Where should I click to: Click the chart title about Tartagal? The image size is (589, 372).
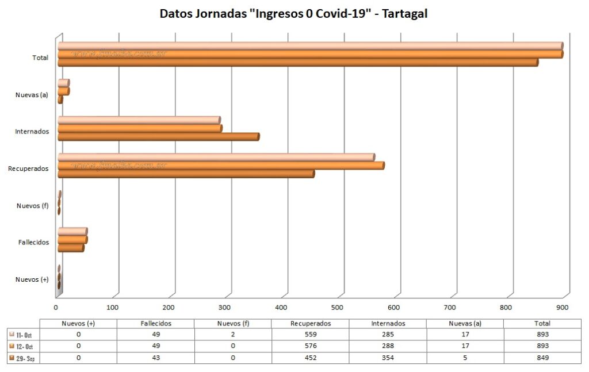click(x=293, y=13)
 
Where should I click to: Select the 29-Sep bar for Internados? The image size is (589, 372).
click(x=158, y=137)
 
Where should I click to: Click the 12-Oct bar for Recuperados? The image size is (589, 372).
click(x=221, y=166)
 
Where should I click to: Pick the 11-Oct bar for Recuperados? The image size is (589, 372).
click(x=216, y=158)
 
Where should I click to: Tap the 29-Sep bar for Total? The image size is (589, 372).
click(x=297, y=62)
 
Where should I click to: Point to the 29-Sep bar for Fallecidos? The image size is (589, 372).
click(x=71, y=248)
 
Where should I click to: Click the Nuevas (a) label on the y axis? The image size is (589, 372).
click(x=32, y=94)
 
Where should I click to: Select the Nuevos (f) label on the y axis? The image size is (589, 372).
click(x=32, y=205)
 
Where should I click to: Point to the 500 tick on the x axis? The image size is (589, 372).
click(x=338, y=306)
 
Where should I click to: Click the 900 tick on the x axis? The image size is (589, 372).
click(x=563, y=306)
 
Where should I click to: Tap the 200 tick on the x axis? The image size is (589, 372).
click(x=169, y=306)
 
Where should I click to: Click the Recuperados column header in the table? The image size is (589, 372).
click(x=310, y=323)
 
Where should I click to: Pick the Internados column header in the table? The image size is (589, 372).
click(x=388, y=323)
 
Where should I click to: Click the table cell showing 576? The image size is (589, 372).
click(x=310, y=346)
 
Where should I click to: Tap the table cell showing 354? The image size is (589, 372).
click(x=388, y=358)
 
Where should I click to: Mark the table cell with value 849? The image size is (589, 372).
click(x=542, y=358)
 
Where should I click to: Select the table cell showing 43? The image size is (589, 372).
click(x=155, y=358)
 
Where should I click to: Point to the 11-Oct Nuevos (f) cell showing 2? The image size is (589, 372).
click(x=233, y=334)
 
